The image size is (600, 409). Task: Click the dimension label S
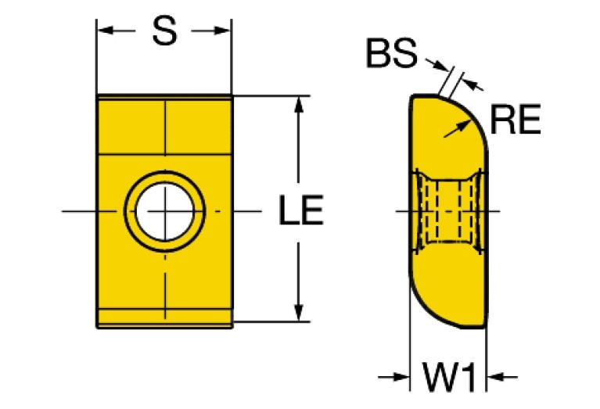164,31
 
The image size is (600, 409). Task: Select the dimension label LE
301,210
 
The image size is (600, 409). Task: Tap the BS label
391,53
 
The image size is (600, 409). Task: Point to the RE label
515,119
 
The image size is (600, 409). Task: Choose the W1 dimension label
448,377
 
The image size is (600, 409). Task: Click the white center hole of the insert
165,211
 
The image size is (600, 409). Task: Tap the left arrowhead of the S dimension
106,30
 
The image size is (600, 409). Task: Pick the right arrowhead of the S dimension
222,30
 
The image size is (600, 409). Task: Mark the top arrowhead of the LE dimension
299,105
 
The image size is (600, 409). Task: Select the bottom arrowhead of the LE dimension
299,312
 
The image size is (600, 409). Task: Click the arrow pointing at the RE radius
458,128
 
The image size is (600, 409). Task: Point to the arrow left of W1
393,377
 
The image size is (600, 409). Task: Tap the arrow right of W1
502,377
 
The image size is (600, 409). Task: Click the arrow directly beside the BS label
437,65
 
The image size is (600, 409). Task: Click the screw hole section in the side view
449,211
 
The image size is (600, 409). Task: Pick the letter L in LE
288,210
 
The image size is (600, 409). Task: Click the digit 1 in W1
469,377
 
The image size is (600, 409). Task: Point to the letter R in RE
503,119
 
